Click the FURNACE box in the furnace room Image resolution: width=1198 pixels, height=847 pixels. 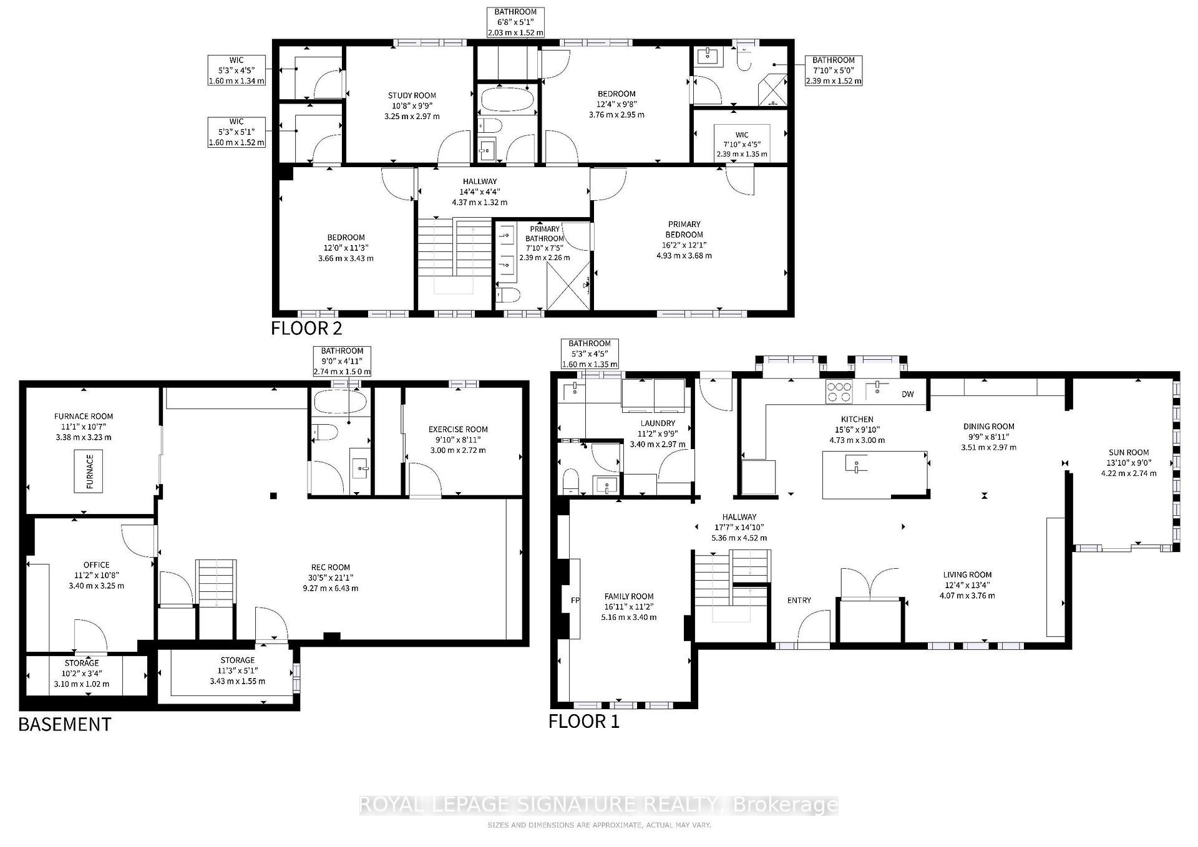89,471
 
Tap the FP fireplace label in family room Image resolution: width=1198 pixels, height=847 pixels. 575,601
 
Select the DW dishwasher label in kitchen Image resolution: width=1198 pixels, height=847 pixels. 908,394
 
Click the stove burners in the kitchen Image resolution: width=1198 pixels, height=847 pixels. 839,391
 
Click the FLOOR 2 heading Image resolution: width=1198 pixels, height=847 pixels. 306,328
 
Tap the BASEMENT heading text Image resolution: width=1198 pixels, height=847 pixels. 65,724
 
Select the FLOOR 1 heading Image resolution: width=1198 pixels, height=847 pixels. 584,721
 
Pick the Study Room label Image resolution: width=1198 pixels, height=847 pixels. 411,95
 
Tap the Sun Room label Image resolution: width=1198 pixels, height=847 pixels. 1129,452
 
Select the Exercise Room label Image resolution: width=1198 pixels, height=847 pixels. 458,429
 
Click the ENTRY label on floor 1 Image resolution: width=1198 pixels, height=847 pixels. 799,600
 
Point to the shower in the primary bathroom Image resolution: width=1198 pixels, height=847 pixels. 568,286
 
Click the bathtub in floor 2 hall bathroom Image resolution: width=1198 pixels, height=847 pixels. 507,100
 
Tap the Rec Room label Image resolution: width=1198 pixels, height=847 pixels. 330,567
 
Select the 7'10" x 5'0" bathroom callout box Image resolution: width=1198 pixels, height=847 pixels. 834,70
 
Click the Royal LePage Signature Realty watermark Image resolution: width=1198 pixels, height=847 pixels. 598,805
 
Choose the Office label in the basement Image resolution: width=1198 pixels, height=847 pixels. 96,564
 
